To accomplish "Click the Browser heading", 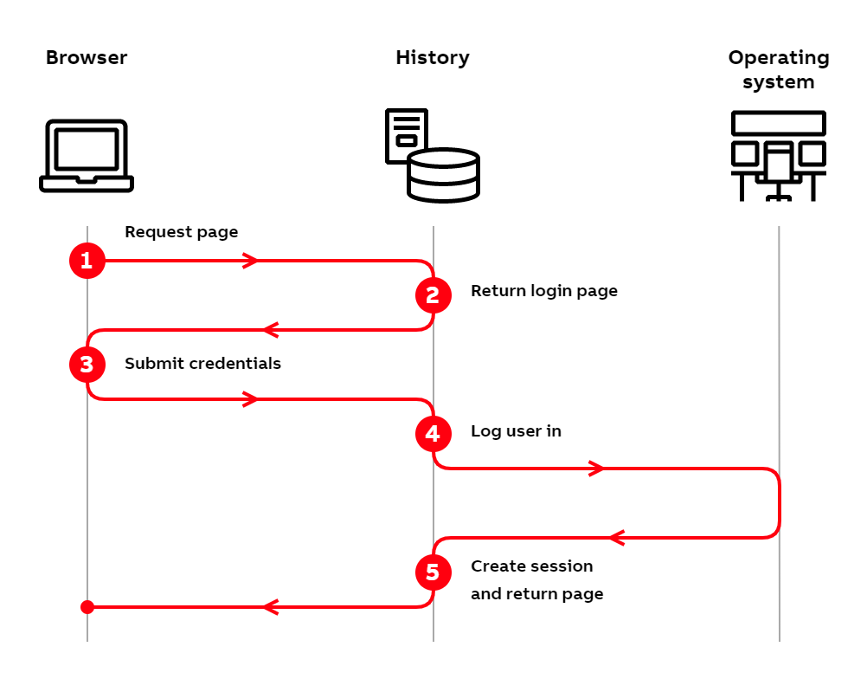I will [87, 58].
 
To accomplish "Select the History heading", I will [433, 58].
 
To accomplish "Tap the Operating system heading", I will [778, 69].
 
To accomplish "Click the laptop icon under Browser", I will [87, 156].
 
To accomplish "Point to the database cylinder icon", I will [444, 176].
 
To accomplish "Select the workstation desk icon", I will [778, 156].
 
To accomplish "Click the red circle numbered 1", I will [87, 261].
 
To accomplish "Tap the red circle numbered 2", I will [433, 295].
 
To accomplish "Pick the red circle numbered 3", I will [87, 365].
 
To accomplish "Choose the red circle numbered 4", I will [433, 434].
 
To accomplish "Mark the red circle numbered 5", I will [433, 572].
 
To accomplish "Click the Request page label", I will [181, 232].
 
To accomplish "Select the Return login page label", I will [544, 291].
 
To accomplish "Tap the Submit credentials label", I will [202, 364].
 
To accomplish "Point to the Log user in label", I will [516, 431].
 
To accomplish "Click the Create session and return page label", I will [536, 580].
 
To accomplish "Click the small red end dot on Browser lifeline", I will [87, 607].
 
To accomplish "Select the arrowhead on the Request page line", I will [251, 261].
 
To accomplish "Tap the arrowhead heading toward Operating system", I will [597, 469].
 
